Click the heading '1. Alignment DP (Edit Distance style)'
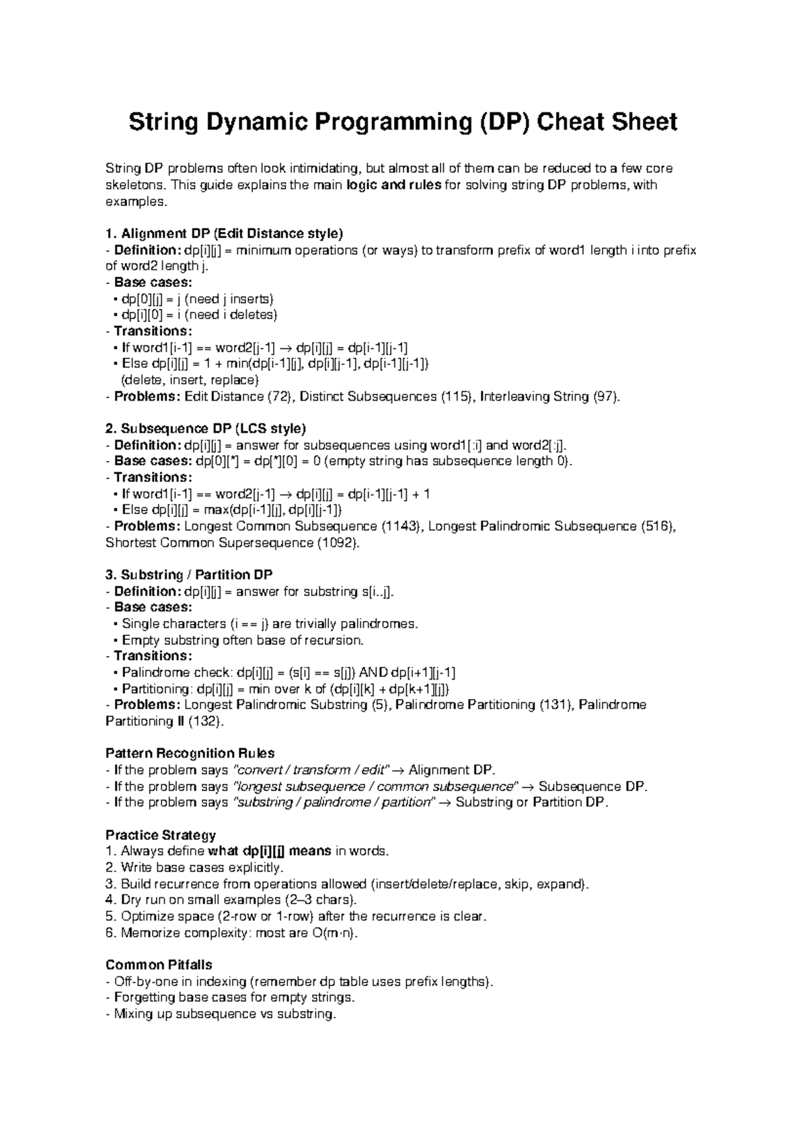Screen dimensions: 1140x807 225,234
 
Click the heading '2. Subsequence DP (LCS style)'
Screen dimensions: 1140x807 206,428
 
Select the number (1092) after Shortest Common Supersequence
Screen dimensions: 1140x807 338,542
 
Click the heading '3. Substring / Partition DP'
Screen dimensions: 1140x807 189,575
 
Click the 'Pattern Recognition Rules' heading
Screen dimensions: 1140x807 190,754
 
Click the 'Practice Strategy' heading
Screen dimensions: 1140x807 161,836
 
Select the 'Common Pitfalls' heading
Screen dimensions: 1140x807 159,965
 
